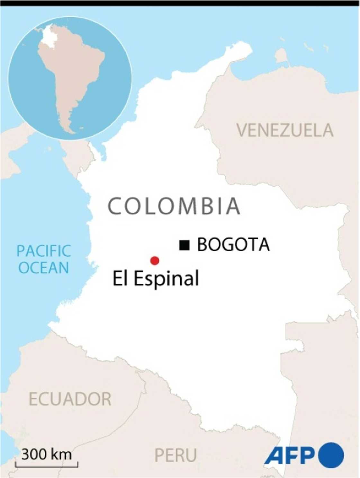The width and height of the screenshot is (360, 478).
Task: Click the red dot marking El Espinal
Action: pyautogui.click(x=155, y=261)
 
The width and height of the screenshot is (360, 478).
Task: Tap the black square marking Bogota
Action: pyautogui.click(x=184, y=245)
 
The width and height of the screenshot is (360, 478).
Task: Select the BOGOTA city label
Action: pyautogui.click(x=233, y=245)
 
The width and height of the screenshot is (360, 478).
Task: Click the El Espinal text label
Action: pyautogui.click(x=156, y=279)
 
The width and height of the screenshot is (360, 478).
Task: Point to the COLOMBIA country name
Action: pyautogui.click(x=174, y=206)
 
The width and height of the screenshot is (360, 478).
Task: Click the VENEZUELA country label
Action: pyautogui.click(x=285, y=130)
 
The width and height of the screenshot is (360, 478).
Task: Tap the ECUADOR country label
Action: pyautogui.click(x=70, y=399)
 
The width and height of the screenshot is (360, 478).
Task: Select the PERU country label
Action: pyautogui.click(x=175, y=455)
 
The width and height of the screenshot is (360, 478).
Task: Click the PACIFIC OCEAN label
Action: pyautogui.click(x=44, y=259)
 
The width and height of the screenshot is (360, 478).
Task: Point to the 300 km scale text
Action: pyautogui.click(x=47, y=455)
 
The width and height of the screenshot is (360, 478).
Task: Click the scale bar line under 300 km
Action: pyautogui.click(x=47, y=465)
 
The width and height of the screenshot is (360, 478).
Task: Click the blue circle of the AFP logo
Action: pyautogui.click(x=331, y=455)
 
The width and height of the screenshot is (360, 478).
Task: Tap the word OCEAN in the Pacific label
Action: pyautogui.click(x=44, y=268)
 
